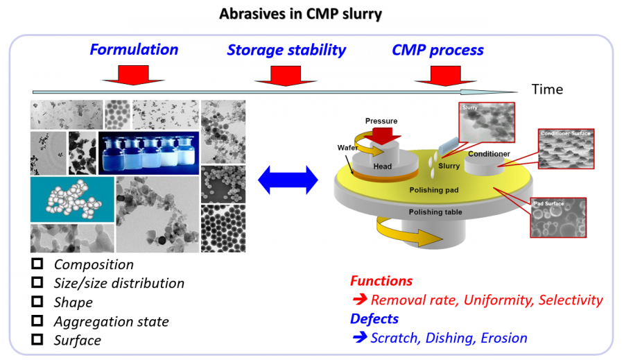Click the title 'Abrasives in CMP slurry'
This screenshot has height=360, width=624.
[300, 13]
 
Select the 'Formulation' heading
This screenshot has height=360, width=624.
[134, 50]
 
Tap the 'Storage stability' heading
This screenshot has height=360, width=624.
[286, 50]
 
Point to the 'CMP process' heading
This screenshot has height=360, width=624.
[437, 50]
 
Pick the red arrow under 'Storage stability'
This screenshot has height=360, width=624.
[281, 75]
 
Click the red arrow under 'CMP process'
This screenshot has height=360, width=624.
[437, 75]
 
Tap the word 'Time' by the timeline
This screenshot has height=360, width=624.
[547, 89]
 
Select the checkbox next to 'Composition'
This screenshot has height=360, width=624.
[38, 264]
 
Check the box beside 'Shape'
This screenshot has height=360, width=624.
[38, 302]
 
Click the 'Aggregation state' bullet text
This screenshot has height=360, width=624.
[111, 321]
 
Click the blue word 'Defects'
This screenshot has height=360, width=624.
[374, 318]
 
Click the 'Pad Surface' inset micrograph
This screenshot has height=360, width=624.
[557, 218]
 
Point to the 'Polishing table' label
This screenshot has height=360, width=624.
[436, 212]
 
